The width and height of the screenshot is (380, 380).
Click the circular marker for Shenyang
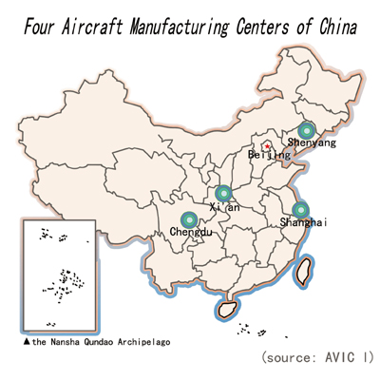(307, 130)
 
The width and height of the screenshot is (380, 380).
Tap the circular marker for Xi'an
(223, 193)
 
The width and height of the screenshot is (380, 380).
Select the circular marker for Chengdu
(189, 219)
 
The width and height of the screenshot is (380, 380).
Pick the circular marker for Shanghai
(300, 210)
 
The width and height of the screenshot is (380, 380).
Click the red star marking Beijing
(268, 146)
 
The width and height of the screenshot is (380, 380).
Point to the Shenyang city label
(312, 142)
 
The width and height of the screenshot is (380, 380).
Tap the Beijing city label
(269, 155)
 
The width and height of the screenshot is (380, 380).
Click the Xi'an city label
(224, 207)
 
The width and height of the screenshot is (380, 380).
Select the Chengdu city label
(191, 232)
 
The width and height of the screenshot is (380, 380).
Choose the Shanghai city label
(303, 222)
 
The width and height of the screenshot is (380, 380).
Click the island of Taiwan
(303, 272)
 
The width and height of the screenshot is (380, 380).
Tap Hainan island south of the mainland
(227, 309)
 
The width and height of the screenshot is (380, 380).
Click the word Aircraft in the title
(92, 27)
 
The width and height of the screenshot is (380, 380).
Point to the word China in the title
(338, 27)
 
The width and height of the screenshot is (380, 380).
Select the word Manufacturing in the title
(179, 28)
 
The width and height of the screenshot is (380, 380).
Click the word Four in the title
(39, 27)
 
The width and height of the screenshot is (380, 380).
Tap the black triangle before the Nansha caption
(27, 342)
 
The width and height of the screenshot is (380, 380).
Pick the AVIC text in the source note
(339, 357)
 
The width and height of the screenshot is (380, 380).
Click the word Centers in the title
(262, 27)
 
